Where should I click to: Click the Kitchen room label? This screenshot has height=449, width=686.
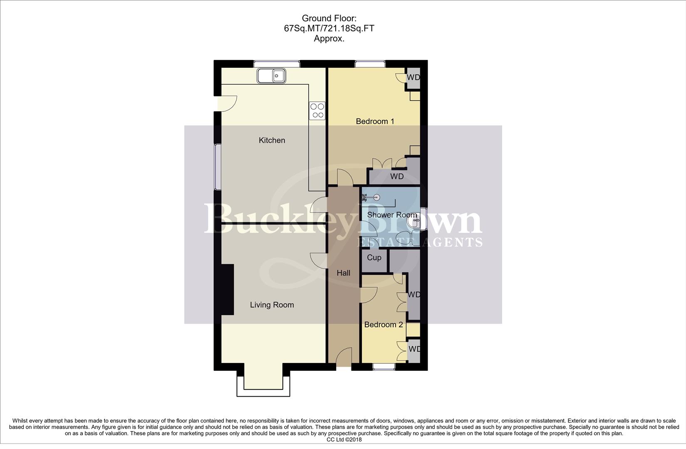272,140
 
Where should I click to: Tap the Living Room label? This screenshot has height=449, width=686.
272,305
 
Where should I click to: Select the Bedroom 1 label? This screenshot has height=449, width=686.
375,121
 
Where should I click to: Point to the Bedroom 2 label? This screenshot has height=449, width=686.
383,324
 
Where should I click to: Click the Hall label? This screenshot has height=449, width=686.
343,273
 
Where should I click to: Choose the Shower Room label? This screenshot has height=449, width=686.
391,215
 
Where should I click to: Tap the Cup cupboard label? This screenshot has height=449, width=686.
374,257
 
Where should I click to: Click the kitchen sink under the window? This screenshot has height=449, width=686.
271,76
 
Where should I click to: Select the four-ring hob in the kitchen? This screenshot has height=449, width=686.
317,111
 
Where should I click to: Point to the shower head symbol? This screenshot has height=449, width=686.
377,198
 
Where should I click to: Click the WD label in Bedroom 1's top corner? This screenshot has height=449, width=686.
413,77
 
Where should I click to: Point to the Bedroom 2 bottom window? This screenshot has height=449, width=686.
384,367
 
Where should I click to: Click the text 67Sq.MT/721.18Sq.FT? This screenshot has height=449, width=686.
329,29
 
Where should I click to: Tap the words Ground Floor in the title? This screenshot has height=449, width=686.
329,18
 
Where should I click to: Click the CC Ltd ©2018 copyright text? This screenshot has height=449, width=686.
344,439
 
